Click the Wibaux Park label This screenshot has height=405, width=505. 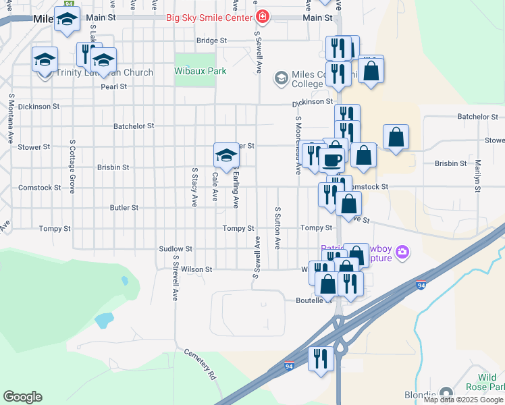[x=200, y=70]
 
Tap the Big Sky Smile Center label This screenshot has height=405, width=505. [x=209, y=17]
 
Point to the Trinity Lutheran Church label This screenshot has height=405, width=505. [x=105, y=73]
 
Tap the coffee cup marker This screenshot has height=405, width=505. [x=331, y=160]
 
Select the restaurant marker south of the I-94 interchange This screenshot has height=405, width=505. [x=321, y=358]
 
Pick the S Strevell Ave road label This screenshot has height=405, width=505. [x=174, y=277]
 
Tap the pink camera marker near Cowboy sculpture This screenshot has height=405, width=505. [x=403, y=252]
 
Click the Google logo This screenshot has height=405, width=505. [x=22, y=397]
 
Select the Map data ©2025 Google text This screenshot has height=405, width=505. [x=462, y=400]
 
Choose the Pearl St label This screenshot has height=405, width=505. [x=113, y=86]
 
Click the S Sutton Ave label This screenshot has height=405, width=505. [x=277, y=230]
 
